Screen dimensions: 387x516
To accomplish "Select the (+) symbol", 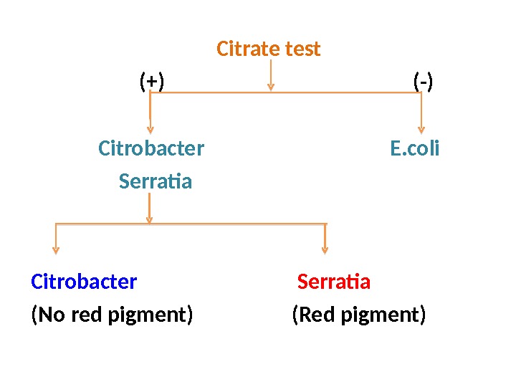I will pos(151,82).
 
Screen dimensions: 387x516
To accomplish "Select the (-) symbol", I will pos(424,82).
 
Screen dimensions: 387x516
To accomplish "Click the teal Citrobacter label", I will pos(151,149).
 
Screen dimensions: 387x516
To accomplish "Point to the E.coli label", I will pos(415,149).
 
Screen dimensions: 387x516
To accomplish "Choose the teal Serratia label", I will pos(156,182).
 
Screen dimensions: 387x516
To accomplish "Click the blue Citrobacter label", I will pos(84,282).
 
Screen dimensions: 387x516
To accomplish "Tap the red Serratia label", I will pos(334,282).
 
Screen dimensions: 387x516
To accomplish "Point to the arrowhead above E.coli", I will pos(421,129).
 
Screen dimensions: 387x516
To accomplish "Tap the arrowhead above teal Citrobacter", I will pos(150,129).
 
